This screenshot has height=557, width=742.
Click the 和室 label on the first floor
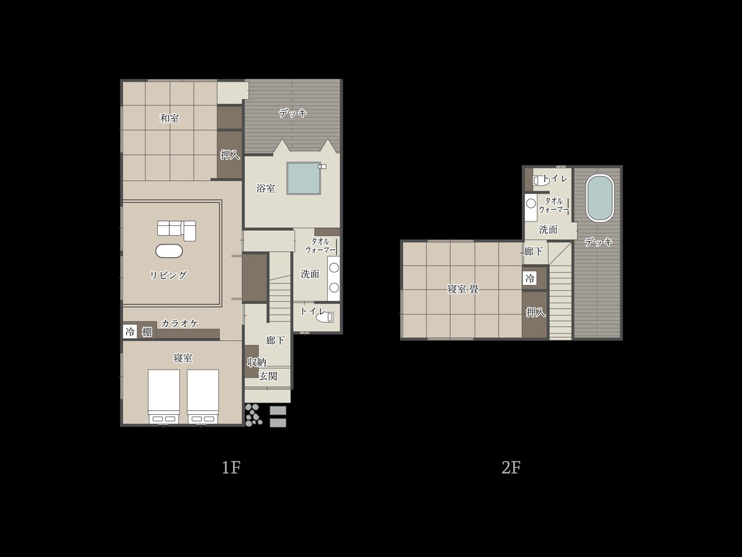169,118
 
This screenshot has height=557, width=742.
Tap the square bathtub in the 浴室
304,178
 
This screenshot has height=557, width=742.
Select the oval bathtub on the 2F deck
600,198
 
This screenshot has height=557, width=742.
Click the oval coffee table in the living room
169,251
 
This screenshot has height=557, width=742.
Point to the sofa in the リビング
176,230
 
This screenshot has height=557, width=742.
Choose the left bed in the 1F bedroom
164,396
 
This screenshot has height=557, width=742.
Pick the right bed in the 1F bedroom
203,396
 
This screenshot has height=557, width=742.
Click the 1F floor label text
231,468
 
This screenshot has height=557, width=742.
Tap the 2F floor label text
511,468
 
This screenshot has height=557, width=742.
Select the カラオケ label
179,323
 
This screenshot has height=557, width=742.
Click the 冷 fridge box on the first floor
130,332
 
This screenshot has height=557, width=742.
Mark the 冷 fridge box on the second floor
530,278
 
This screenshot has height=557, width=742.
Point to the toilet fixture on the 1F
325,317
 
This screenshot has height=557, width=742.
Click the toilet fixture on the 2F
540,181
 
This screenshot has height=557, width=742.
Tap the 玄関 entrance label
268,376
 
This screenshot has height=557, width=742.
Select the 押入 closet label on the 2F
535,313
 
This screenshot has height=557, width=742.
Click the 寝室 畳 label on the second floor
463,289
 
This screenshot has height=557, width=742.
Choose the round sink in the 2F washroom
531,204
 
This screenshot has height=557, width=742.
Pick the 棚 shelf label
147,332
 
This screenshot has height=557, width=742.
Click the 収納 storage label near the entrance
257,363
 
